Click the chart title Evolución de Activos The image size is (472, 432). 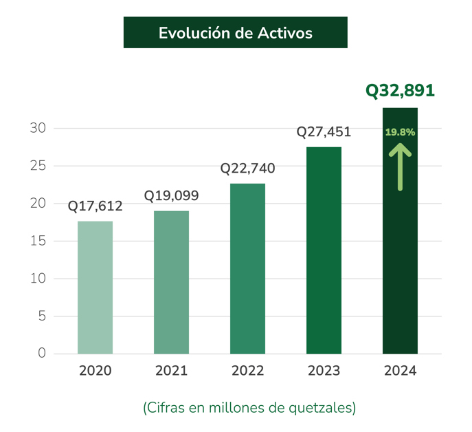pyautogui.click(x=235, y=33)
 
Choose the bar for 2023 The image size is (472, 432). pyautogui.click(x=324, y=250)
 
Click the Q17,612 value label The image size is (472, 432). pyautogui.click(x=95, y=206)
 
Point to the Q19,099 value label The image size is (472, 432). pyautogui.click(x=171, y=195)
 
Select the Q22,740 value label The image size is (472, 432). pyautogui.click(x=247, y=169)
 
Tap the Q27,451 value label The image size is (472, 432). pyautogui.click(x=324, y=132)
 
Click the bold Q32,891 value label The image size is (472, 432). pyautogui.click(x=400, y=91)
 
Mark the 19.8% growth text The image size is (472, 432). pyautogui.click(x=400, y=131)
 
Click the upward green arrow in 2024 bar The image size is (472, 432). pyautogui.click(x=400, y=166)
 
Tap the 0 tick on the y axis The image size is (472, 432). pyautogui.click(x=41, y=354)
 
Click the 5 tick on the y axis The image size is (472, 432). pyautogui.click(x=41, y=316)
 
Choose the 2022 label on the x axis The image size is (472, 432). pyautogui.click(x=247, y=371)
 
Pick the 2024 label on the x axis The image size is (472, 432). pyautogui.click(x=400, y=371)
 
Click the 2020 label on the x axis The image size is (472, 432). pyautogui.click(x=95, y=371)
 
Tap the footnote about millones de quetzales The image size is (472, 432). pyautogui.click(x=249, y=408)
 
